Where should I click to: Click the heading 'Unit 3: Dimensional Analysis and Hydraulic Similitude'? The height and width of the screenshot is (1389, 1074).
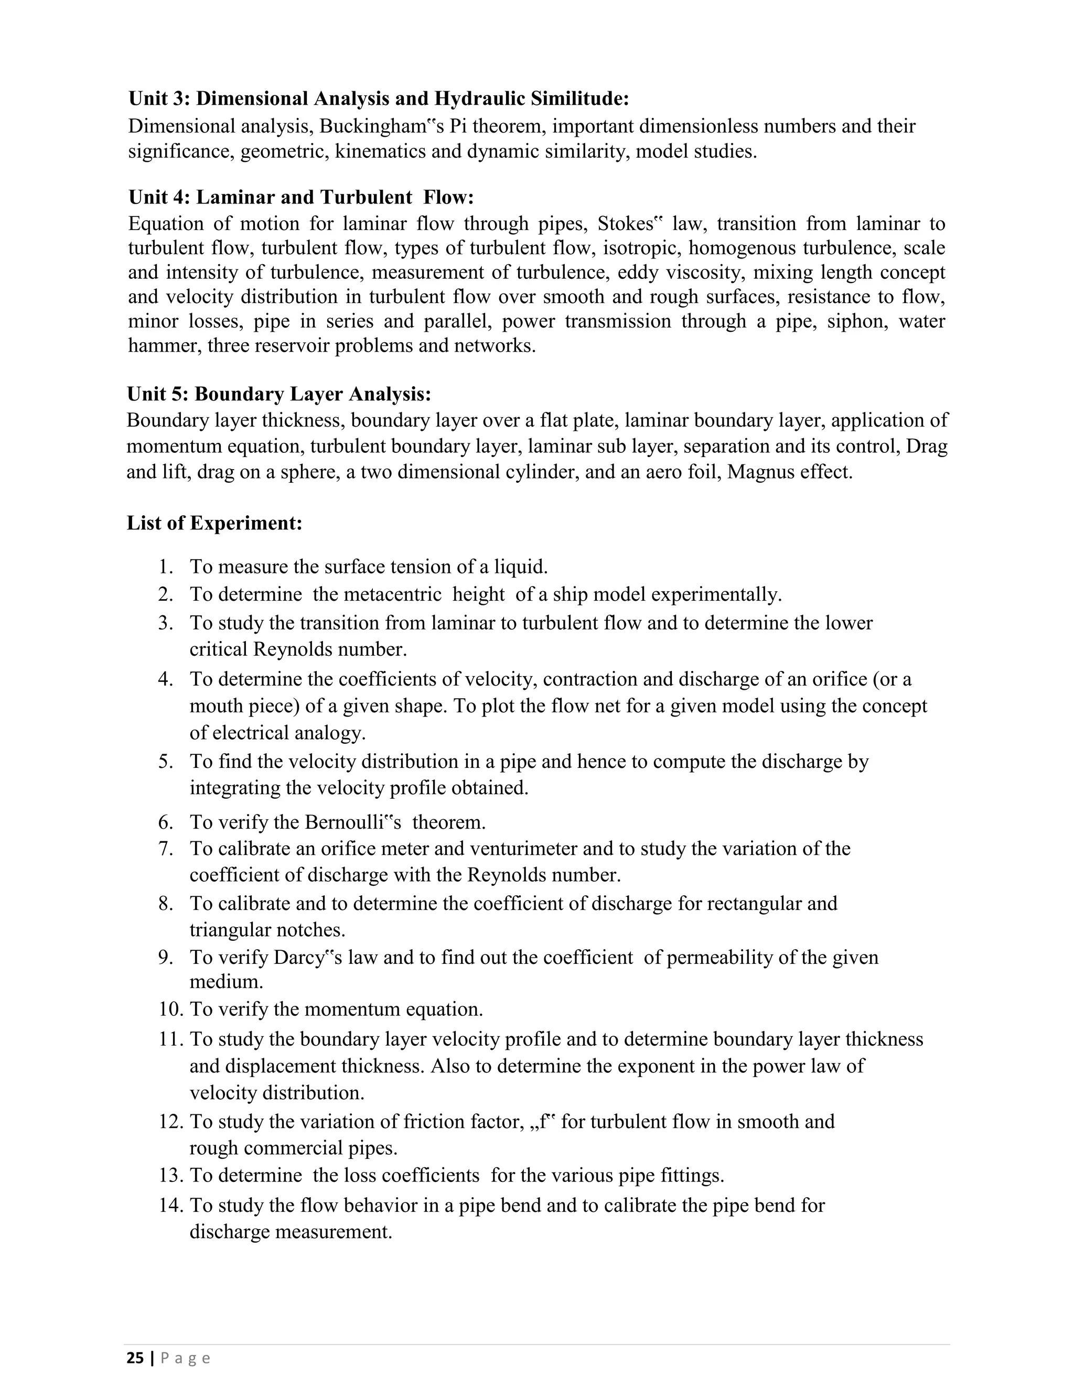coord(379,99)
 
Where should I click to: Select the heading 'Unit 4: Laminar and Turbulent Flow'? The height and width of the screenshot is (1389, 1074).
coord(301,197)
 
